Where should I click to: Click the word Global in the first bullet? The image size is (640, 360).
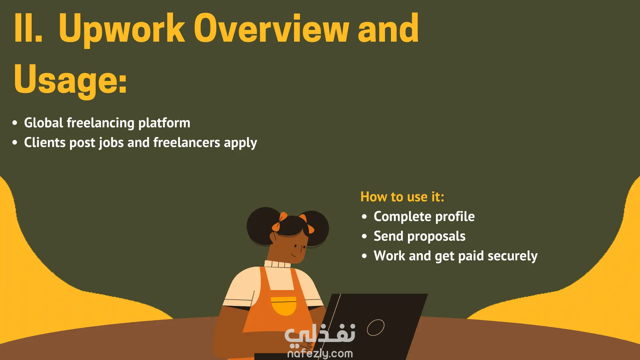[x=43, y=123]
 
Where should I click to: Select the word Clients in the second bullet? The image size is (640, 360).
[x=45, y=142]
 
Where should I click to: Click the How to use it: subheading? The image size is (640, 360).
[x=402, y=197]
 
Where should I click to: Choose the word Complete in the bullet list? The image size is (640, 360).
[x=402, y=217]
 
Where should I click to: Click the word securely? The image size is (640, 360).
[x=512, y=256]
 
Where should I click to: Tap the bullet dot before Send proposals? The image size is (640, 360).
[x=364, y=236]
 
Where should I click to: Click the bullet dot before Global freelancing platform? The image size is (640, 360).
[x=15, y=123]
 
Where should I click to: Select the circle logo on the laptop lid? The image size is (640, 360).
[x=376, y=328]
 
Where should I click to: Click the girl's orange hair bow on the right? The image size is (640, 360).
[x=307, y=224]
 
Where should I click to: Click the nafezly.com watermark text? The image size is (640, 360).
[x=320, y=353]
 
